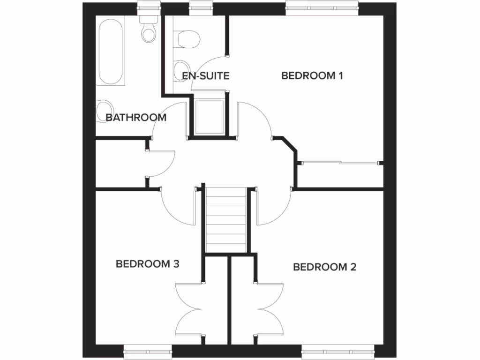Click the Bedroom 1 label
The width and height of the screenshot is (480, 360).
312,75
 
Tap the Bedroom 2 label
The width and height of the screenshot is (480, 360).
324,267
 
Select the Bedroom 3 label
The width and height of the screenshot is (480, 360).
148,264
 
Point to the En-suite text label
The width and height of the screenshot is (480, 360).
205,75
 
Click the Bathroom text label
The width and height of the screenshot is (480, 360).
136,118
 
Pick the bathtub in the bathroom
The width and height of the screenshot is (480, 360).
112,52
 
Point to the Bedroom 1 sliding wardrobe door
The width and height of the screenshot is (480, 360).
339,163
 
